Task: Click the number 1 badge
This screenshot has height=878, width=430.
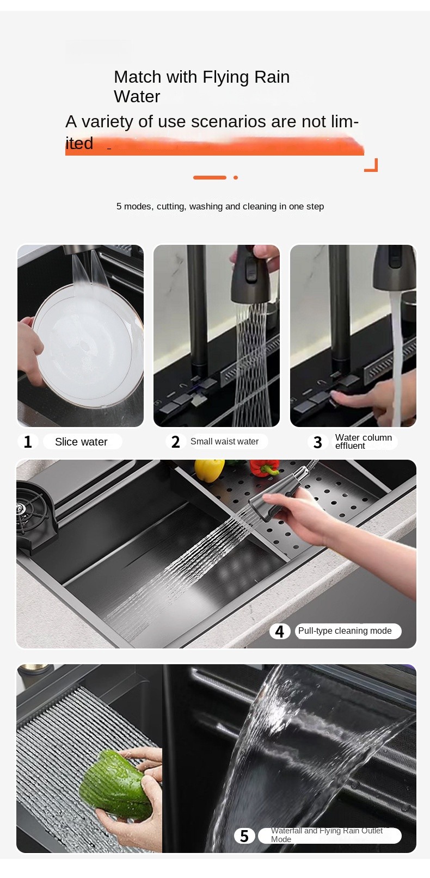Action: [x=28, y=441]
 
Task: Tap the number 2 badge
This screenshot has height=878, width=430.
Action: [x=175, y=441]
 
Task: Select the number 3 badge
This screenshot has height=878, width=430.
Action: [x=318, y=442]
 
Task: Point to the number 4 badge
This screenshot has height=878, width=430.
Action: [x=279, y=631]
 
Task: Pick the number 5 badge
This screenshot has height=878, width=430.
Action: [x=244, y=836]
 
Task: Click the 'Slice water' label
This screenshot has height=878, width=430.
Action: [x=81, y=442]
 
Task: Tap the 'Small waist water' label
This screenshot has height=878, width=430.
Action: [x=224, y=441]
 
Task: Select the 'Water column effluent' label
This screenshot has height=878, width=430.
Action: [x=363, y=442]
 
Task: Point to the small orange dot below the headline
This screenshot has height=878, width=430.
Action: [x=235, y=177]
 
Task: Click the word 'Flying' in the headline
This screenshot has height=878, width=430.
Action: [x=225, y=77]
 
